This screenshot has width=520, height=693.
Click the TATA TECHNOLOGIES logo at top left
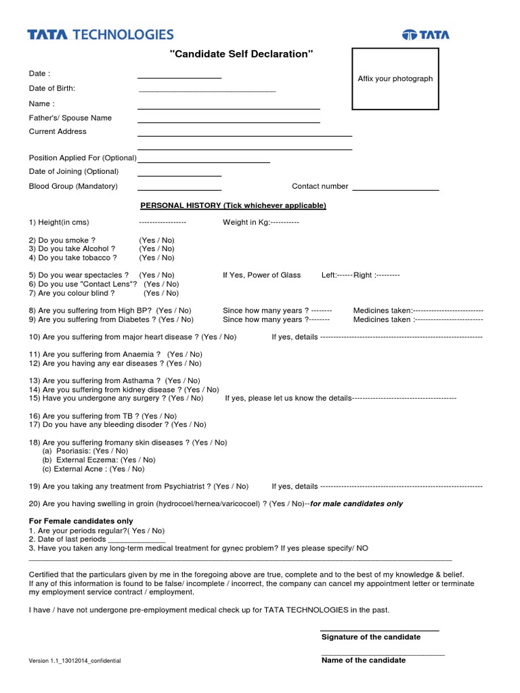coord(100,35)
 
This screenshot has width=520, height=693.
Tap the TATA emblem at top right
coord(426,35)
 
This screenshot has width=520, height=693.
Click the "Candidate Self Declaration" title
coord(241,54)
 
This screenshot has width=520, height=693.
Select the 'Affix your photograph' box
coord(395,79)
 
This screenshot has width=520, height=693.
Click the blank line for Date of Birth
coord(207,90)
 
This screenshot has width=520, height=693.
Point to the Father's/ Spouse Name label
coord(70,118)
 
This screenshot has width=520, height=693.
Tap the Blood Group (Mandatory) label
coord(73,186)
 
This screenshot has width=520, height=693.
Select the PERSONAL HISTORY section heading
coord(233,205)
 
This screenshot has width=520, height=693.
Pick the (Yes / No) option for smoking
coord(157,240)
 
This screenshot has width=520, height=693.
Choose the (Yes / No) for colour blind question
coord(161,293)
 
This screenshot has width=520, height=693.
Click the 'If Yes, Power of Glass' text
coord(261,275)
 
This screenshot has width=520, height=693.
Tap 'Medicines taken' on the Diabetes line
coord(382,319)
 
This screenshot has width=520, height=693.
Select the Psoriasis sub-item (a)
coord(85,451)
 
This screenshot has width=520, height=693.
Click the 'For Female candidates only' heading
coord(81,521)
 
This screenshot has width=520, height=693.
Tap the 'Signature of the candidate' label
coord(370,637)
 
